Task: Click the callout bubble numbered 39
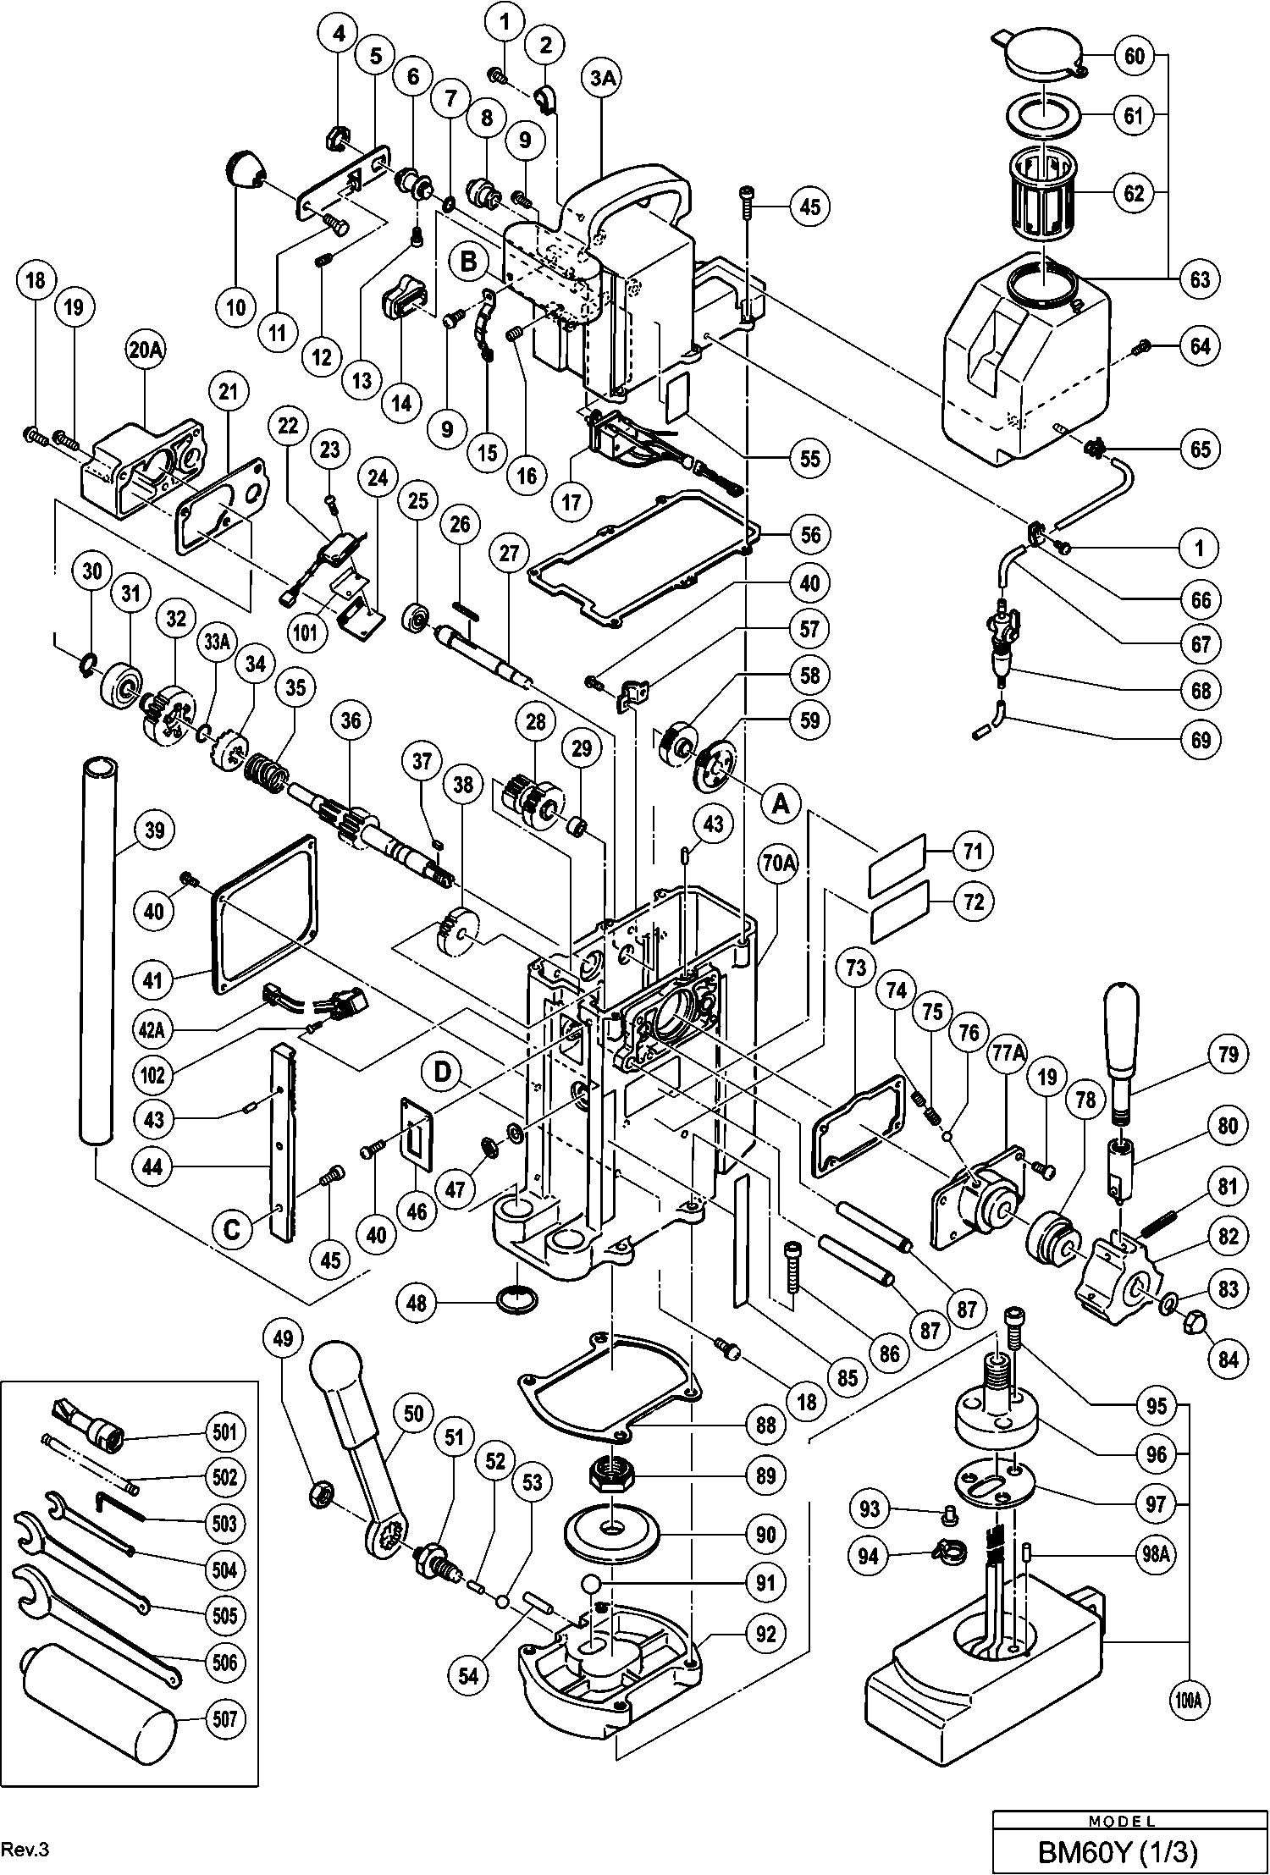point(153,830)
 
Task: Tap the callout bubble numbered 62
point(1133,194)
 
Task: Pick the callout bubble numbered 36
point(351,720)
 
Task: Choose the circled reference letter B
point(468,263)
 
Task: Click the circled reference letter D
point(443,1072)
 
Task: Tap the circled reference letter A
point(780,804)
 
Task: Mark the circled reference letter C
point(232,1229)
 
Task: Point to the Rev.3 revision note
point(25,1849)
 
